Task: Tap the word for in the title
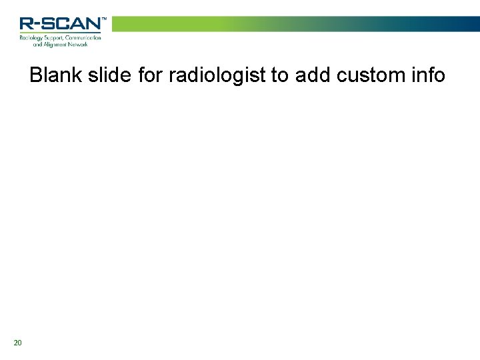click(151, 75)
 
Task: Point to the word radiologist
click(217, 75)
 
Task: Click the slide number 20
click(17, 343)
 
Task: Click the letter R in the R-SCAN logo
click(27, 25)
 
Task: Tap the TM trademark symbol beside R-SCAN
click(103, 19)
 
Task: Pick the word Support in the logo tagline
click(58, 38)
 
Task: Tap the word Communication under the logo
click(85, 38)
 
